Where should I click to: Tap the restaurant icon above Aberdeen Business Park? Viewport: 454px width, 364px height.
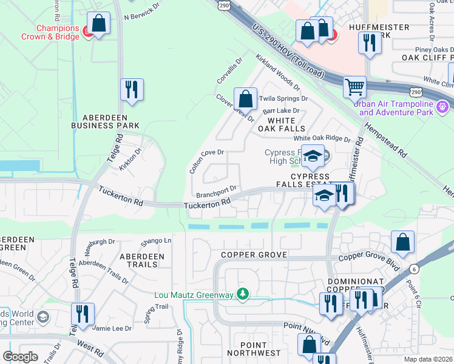pyautogui.click(x=131, y=89)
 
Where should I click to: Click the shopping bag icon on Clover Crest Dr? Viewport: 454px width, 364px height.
pyautogui.click(x=245, y=98)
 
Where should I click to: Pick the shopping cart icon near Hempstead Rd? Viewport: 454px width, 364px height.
pyautogui.click(x=354, y=86)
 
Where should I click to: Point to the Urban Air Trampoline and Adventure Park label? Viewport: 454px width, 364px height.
pyautogui.click(x=396, y=107)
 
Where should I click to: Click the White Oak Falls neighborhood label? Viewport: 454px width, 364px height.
pyautogui.click(x=282, y=124)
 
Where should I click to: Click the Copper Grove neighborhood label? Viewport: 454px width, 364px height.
pyautogui.click(x=254, y=255)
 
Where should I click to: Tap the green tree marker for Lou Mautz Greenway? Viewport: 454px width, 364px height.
pyautogui.click(x=243, y=294)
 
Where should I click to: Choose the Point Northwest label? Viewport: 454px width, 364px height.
pyautogui.click(x=254, y=348)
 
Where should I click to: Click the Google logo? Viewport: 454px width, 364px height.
pyautogui.click(x=20, y=357)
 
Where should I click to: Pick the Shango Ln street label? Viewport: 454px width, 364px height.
pyautogui.click(x=156, y=241)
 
